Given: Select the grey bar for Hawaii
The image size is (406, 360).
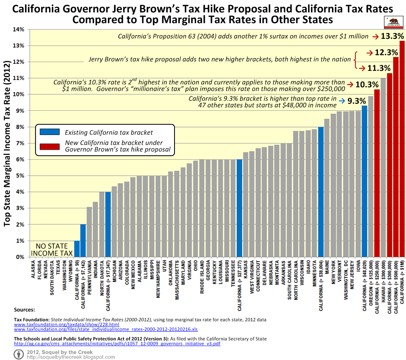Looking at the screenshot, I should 383,167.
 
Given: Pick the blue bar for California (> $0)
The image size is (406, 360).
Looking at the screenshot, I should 77,249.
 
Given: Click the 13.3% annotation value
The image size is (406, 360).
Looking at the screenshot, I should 392,36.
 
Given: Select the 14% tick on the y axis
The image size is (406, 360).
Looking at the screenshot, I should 19,29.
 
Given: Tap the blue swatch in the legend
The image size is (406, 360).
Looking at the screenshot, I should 49,132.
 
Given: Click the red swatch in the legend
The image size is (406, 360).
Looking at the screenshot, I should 49,146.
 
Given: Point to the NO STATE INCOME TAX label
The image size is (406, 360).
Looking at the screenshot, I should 52,249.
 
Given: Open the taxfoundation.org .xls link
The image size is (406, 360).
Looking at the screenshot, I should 106,329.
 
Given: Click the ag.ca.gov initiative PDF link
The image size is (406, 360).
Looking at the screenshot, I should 117,343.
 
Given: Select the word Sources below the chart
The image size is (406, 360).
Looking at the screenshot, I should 24,309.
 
